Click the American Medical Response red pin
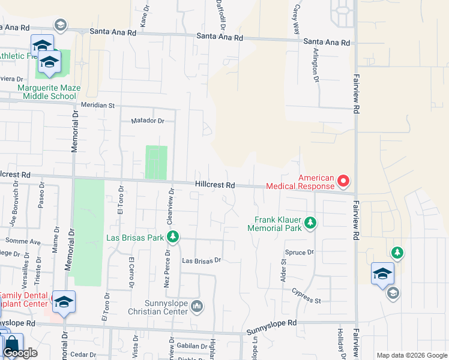[x=343, y=180]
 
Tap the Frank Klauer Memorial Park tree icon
[x=310, y=223]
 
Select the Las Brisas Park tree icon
[x=173, y=238]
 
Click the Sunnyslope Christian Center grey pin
[x=197, y=308]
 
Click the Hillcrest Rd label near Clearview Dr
[x=214, y=185]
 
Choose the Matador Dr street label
[x=148, y=121]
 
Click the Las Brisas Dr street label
[x=202, y=261]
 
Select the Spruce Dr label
[x=300, y=253]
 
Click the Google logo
[x=20, y=353]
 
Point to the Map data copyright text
[x=411, y=355]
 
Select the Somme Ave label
[x=23, y=241]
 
